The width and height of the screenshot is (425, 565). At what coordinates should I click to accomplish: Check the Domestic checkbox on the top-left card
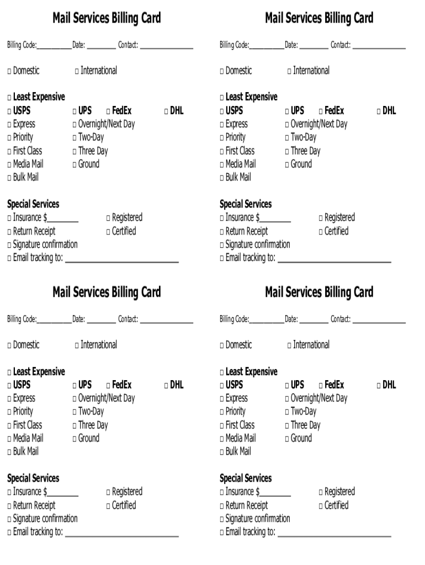9,71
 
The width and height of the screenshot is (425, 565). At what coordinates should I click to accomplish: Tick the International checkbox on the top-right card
290,71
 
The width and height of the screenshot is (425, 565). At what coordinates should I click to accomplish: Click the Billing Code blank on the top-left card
54,46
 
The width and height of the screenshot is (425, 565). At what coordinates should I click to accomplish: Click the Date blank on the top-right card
314,46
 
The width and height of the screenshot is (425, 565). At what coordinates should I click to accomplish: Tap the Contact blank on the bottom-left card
166,321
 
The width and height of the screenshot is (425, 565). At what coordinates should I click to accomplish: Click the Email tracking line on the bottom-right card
334,534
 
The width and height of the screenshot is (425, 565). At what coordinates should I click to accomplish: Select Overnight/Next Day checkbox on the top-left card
75,125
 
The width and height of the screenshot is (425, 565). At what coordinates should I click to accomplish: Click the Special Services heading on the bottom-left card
33,478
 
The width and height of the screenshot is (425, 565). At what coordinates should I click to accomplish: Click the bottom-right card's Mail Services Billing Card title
319,292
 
